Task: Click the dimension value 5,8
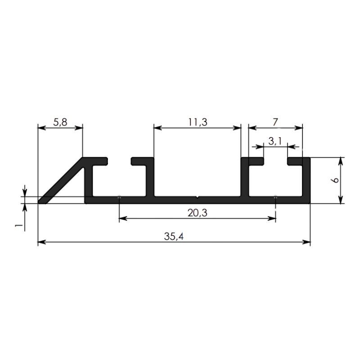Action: coord(60,122)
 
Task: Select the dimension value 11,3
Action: coord(198,122)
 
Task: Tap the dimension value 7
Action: coord(275,122)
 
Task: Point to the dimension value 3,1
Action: coord(275,141)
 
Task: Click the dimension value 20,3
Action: coord(198,213)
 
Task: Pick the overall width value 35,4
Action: coord(174,236)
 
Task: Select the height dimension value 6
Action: coord(335,180)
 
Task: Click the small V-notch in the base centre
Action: coord(198,197)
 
